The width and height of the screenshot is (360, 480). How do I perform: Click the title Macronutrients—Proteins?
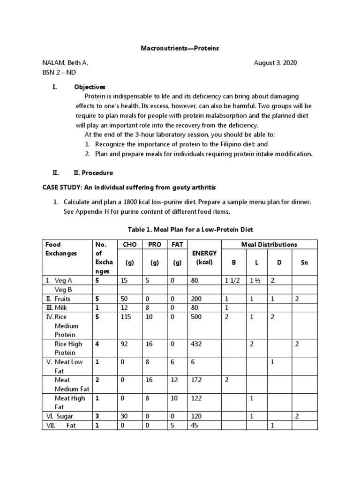[x=180, y=48]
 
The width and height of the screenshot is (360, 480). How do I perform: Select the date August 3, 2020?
[x=275, y=63]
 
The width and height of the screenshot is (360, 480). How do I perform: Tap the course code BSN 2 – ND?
[x=59, y=73]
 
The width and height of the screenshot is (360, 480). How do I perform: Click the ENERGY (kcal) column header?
[x=202, y=258]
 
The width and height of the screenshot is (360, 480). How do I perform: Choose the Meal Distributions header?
[x=269, y=244]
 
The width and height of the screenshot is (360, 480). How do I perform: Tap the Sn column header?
[x=304, y=262]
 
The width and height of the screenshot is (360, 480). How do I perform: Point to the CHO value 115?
[x=126, y=317]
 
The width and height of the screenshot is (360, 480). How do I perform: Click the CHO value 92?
[x=123, y=344]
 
